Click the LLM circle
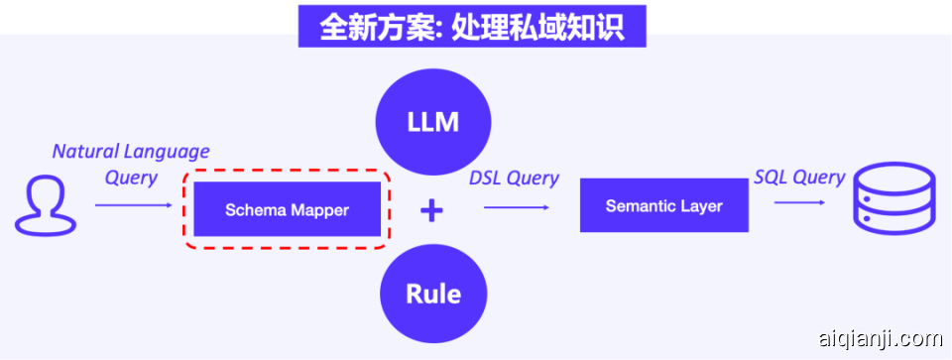point(433,122)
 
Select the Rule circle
point(433,294)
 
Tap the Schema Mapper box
point(288,209)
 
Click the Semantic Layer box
point(663,205)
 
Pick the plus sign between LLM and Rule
point(431,209)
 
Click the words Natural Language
point(131,152)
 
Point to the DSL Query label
point(514,179)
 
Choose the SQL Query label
point(799,177)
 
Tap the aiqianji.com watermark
point(876,339)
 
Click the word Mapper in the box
point(318,210)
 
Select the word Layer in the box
point(701,206)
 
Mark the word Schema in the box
point(253,210)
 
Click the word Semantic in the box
point(640,206)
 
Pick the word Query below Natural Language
point(131,178)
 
